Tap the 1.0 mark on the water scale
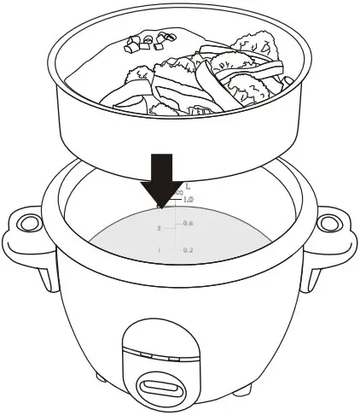pyautogui.click(x=189, y=198)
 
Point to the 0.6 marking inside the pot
pyautogui.click(x=189, y=223)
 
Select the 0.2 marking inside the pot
pyautogui.click(x=189, y=250)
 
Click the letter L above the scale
pyautogui.click(x=188, y=185)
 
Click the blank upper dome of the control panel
pyautogui.click(x=158, y=337)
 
